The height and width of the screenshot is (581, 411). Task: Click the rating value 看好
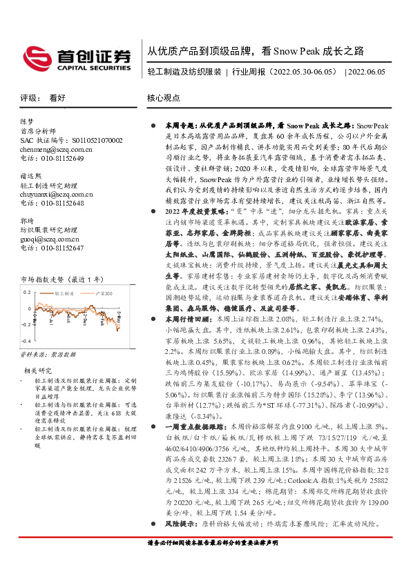coord(57,99)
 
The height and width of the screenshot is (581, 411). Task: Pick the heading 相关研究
coord(33,371)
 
